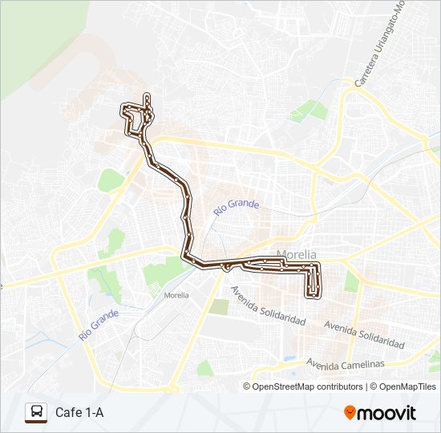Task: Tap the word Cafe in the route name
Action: tap(67, 413)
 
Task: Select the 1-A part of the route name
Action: tap(93, 413)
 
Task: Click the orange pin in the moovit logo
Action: tap(350, 412)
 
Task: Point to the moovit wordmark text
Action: tap(386, 413)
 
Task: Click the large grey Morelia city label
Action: tap(297, 255)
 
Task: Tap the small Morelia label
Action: tap(176, 295)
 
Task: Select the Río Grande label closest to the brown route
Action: tap(237, 207)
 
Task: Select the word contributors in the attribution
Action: tap(340, 386)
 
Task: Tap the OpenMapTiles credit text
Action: tap(407, 386)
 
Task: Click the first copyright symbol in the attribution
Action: tap(247, 386)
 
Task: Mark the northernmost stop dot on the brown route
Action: tap(147, 98)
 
